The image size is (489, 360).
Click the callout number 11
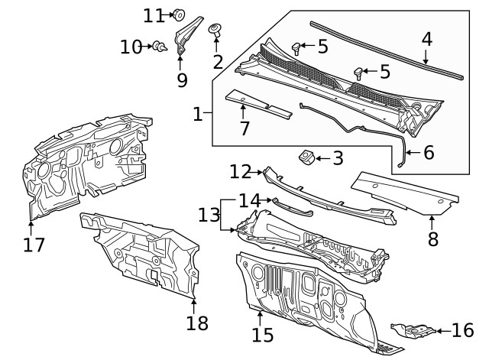tap(154, 15)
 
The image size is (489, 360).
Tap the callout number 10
tap(131, 47)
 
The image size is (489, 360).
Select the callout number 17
tap(34, 245)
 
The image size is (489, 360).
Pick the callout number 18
tap(196, 323)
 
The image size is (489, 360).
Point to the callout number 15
tap(262, 335)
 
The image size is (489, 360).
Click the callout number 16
tap(463, 330)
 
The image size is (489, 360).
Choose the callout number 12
tap(240, 171)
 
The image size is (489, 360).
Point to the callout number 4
tap(426, 39)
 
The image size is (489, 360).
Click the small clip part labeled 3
tap(306, 157)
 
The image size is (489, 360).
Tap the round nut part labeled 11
tap(180, 13)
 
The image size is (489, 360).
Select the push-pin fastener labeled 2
tap(216, 31)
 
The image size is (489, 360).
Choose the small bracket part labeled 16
tap(413, 330)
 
